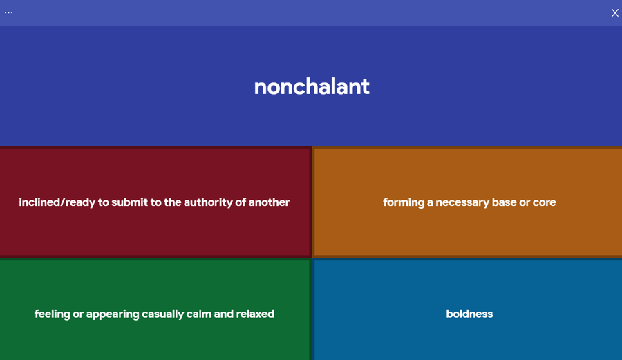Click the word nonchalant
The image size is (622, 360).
click(312, 86)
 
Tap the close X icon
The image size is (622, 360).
click(615, 12)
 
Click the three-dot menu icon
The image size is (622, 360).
click(9, 12)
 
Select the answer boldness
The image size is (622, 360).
click(469, 314)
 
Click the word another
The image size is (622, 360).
click(269, 202)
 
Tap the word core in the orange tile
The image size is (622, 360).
click(545, 202)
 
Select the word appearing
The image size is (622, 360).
click(113, 314)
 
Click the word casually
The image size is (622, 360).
click(162, 314)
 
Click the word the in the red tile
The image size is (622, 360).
click(173, 202)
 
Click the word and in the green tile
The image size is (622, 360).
click(224, 314)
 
